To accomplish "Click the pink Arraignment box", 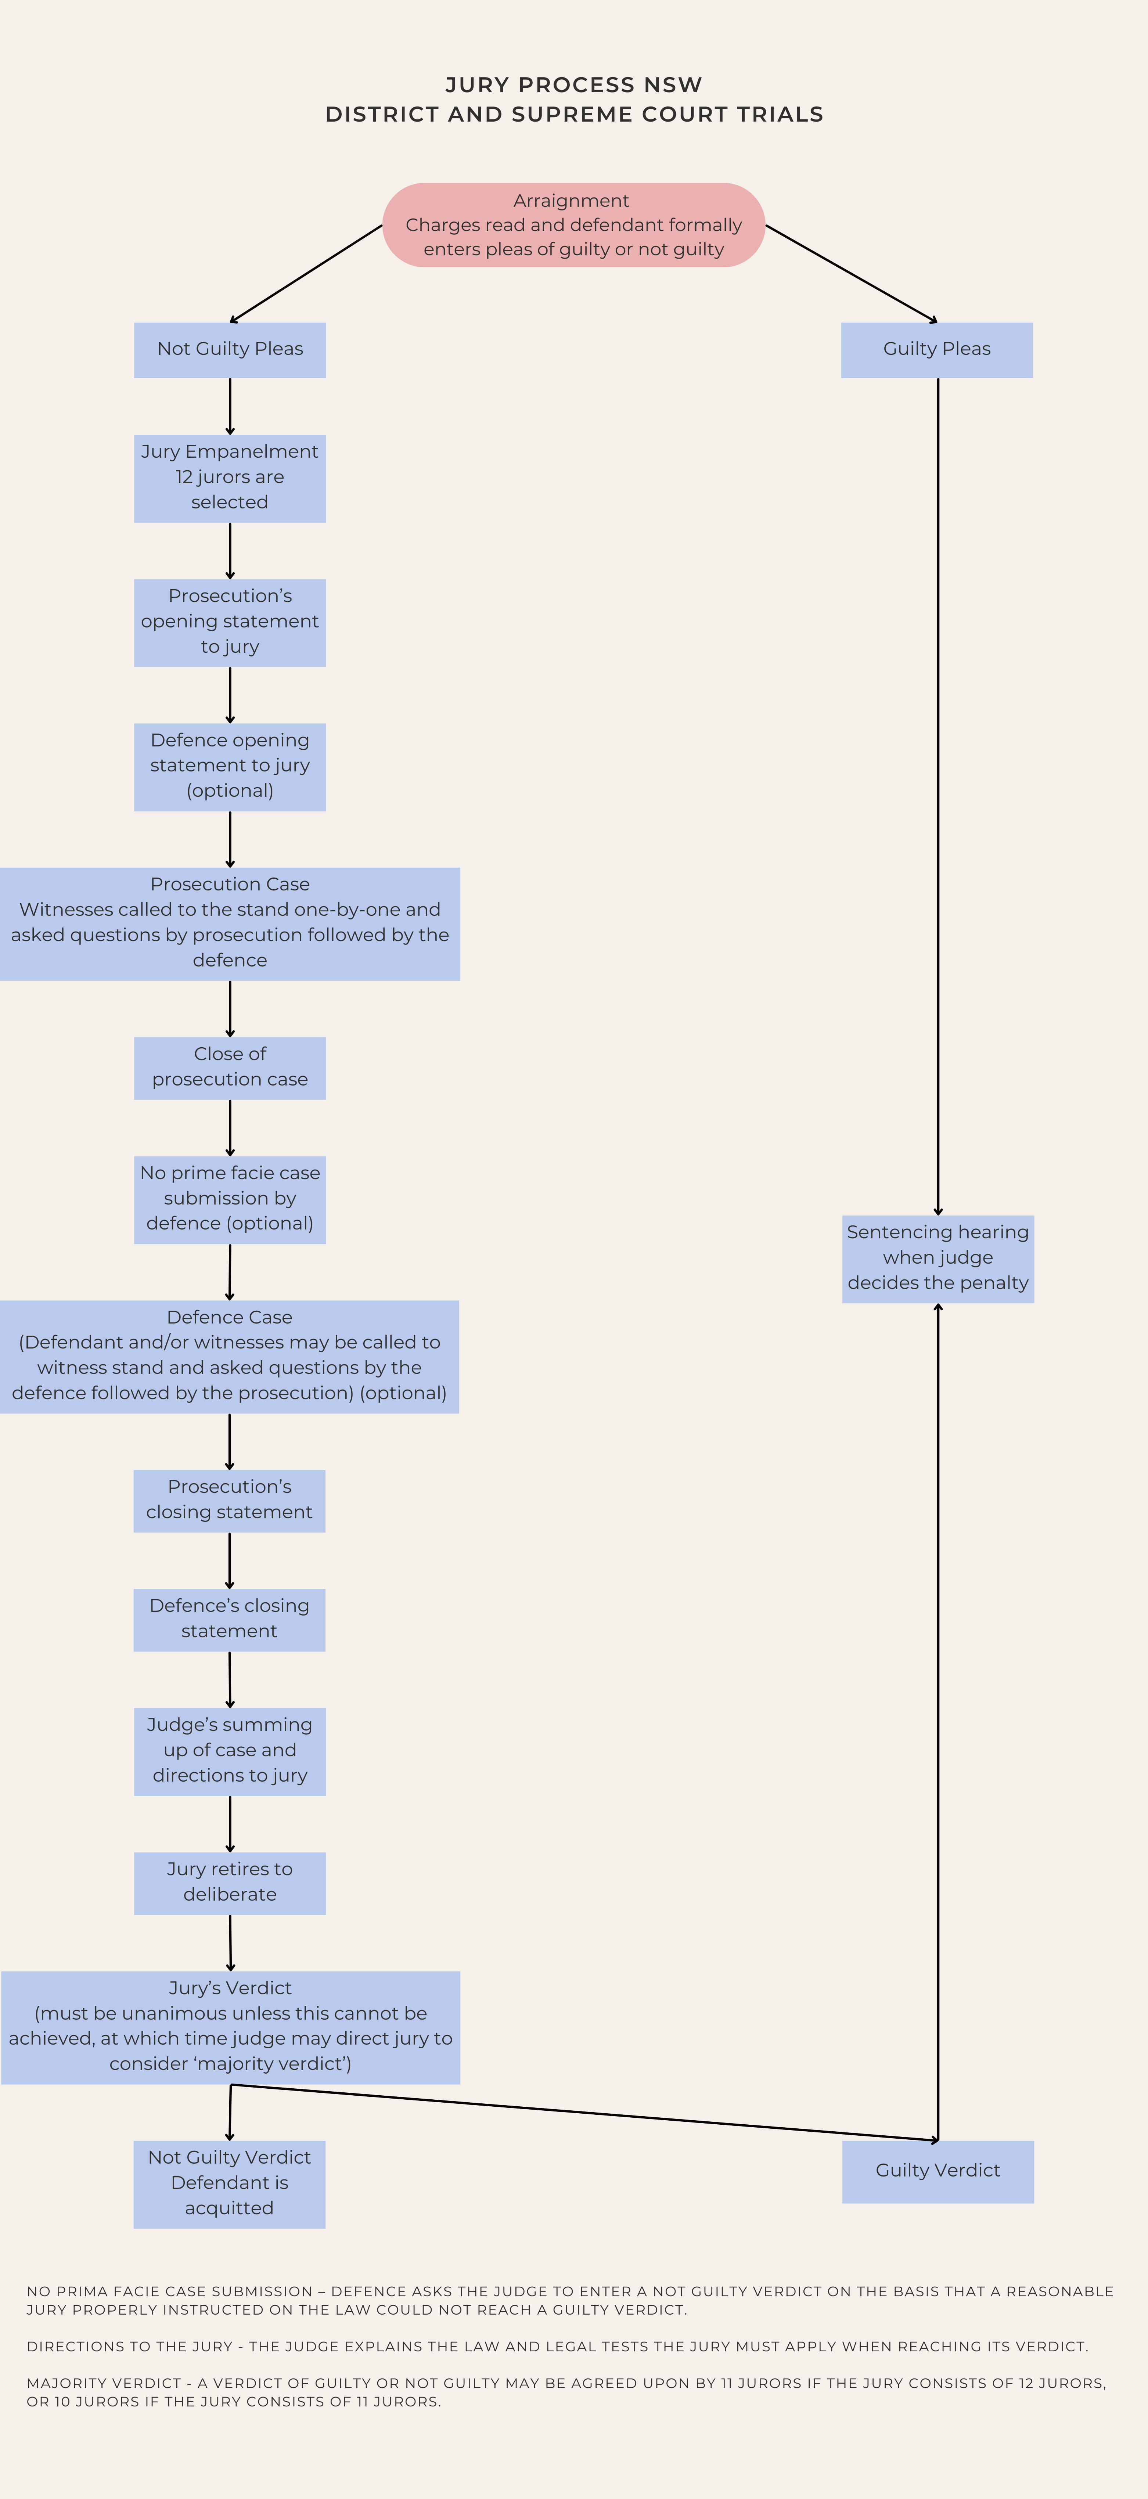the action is (573, 225).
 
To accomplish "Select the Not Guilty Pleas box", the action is (230, 350).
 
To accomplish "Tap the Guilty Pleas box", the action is (938, 350).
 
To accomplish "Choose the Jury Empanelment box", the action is (230, 478).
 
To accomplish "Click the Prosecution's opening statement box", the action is (230, 623).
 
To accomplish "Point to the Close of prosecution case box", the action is (230, 1068).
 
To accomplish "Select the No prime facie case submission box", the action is (230, 1200).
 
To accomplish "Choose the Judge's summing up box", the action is (230, 1752).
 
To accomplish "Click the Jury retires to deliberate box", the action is (230, 1883).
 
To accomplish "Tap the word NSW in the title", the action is (673, 85).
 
